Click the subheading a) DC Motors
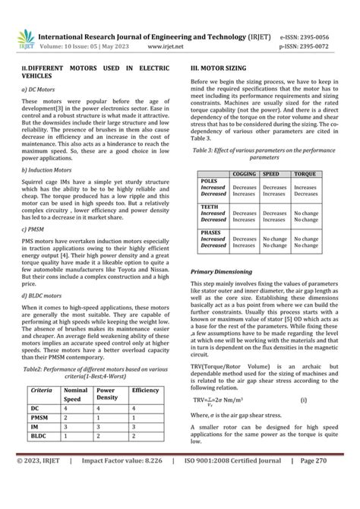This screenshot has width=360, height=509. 39,89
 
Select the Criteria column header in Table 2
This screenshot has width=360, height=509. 41,390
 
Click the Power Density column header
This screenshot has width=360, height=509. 107,393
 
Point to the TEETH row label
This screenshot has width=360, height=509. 209,206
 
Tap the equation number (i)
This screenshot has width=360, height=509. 303,399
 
